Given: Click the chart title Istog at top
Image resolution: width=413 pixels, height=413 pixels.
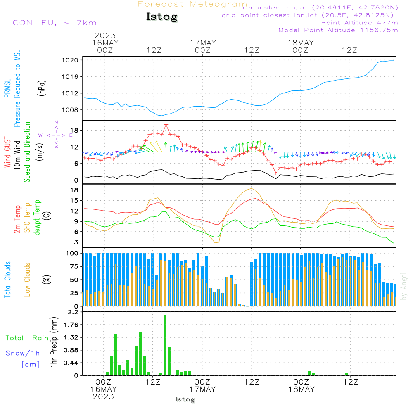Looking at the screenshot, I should point(161,17).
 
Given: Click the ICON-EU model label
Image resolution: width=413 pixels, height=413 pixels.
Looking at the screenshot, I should point(52,23).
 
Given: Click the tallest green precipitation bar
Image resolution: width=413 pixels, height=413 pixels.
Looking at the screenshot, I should point(165,345).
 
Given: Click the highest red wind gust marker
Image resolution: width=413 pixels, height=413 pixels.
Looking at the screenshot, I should point(166,124).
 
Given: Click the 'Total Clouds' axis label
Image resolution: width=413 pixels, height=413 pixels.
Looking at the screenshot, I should point(7,280).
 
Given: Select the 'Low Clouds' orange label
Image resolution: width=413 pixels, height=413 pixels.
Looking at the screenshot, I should point(27,280).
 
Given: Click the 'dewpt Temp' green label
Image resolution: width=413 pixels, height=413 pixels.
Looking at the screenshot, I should point(37,218).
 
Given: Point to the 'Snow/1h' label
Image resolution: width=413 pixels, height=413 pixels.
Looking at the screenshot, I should point(23,353).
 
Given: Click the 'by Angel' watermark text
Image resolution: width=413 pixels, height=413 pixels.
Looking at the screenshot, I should point(404,286).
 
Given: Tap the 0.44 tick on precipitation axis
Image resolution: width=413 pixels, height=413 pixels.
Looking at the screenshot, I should point(70,363).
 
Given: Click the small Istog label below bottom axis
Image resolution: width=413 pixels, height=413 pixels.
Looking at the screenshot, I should point(185,399).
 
